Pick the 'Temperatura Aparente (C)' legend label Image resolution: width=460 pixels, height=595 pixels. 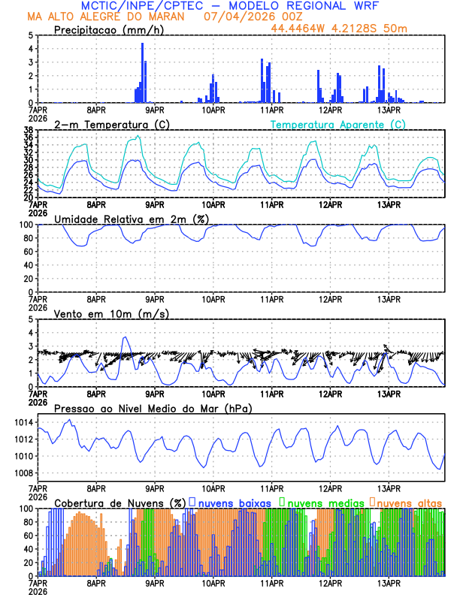(337, 124)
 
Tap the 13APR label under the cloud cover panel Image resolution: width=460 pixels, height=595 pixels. (389, 582)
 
